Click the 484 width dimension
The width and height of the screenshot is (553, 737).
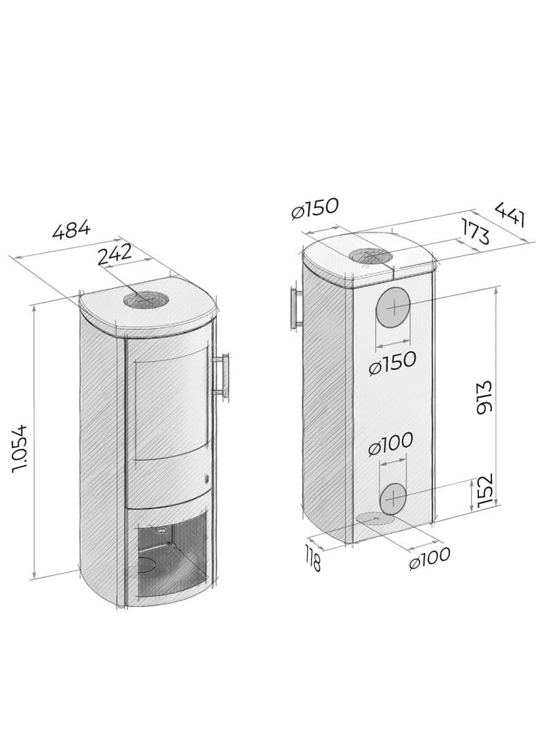pos(71,230)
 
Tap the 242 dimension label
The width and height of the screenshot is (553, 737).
pos(115,254)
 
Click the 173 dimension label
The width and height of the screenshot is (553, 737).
pos(474,230)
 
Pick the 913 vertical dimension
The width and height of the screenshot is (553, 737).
pos(483,397)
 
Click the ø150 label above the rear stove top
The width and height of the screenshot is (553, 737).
pos(315,208)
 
